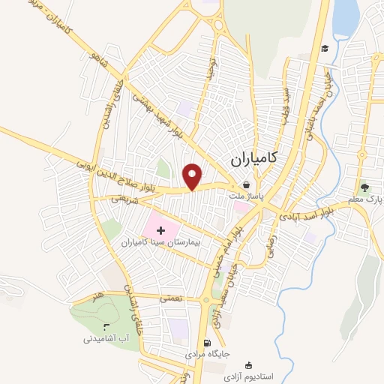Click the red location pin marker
(193, 175)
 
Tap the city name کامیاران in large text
(251, 158)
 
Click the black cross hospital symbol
(162, 229)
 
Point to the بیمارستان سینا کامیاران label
(158, 244)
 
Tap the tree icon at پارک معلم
(364, 187)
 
